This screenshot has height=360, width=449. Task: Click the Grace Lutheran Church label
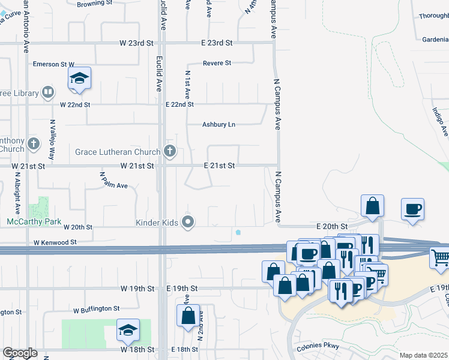pos(118,152)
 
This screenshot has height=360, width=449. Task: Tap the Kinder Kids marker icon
pos(188,223)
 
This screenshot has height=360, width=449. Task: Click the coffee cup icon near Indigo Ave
pos(412,209)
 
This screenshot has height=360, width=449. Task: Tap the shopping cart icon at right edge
pos(441,257)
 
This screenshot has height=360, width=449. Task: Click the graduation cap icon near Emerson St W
pos(79,78)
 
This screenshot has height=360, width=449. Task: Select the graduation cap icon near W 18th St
pos(128,329)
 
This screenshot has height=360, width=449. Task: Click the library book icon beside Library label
pos(48,93)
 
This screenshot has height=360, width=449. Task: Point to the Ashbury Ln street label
pos(218,125)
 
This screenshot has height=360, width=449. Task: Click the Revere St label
pos(217,63)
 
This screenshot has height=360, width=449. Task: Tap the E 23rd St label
pos(217,43)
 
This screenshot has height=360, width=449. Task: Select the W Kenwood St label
pos(55,242)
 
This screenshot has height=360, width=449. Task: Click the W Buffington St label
pos(97,309)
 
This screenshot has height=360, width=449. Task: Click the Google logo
pos(20,353)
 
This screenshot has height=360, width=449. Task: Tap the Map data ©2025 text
pos(423,355)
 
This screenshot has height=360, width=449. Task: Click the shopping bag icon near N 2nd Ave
pos(188,315)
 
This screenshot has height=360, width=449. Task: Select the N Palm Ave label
pos(114,181)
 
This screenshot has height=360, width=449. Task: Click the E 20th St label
pos(332,226)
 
